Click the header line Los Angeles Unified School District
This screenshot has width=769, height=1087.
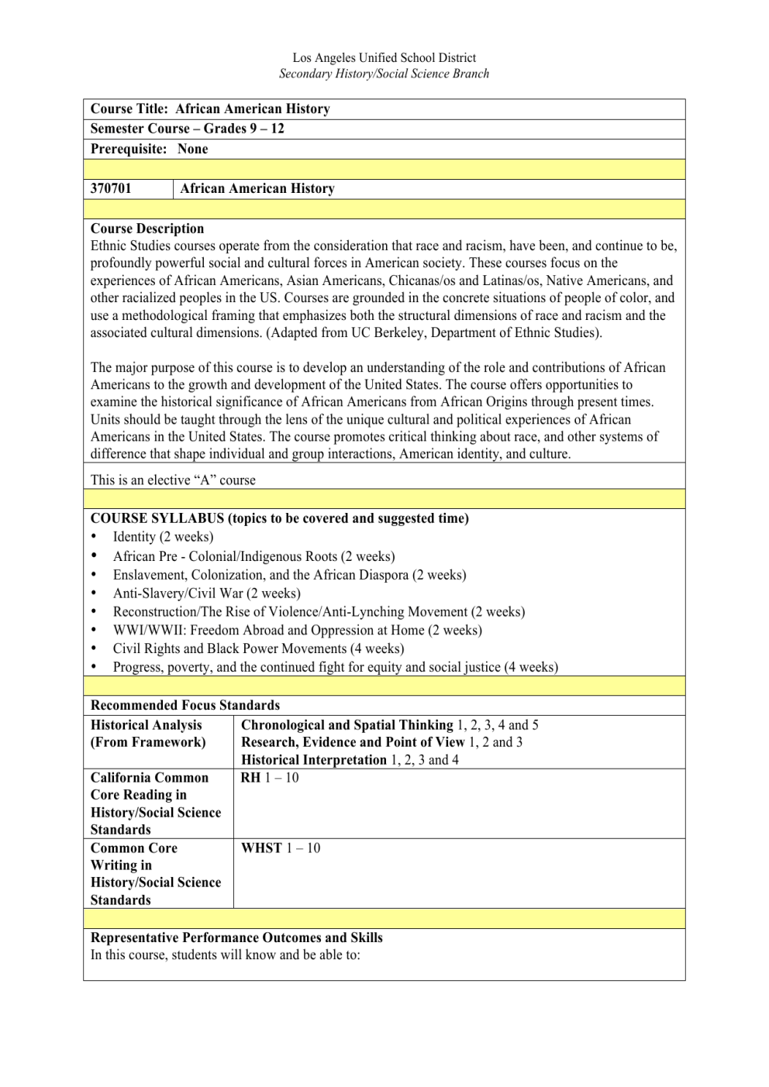[x=384, y=58]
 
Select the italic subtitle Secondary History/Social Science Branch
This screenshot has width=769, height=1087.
[x=384, y=74]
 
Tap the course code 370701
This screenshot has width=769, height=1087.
[x=111, y=188]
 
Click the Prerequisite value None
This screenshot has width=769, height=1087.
[x=192, y=149]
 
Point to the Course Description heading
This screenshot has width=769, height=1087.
[x=147, y=229]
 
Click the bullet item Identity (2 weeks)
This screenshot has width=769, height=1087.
[x=163, y=537]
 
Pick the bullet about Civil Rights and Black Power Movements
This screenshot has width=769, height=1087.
[x=258, y=649]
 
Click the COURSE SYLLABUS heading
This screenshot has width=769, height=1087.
[x=279, y=518]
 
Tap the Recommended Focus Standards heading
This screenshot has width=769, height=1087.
[x=185, y=705]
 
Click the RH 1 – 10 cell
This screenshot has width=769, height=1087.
[x=270, y=778]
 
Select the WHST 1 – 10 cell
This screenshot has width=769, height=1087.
[x=281, y=848]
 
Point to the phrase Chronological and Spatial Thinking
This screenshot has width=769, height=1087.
[x=347, y=725]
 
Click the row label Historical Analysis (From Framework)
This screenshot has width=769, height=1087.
[x=148, y=734]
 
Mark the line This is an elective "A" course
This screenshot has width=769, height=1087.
[x=173, y=480]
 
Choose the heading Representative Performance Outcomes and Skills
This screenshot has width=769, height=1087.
[x=236, y=937]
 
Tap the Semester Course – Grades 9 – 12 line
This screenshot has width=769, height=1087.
[x=188, y=129]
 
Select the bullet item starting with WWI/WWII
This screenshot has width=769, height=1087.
[x=297, y=631]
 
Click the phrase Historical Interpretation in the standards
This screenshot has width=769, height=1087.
[x=313, y=760]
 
